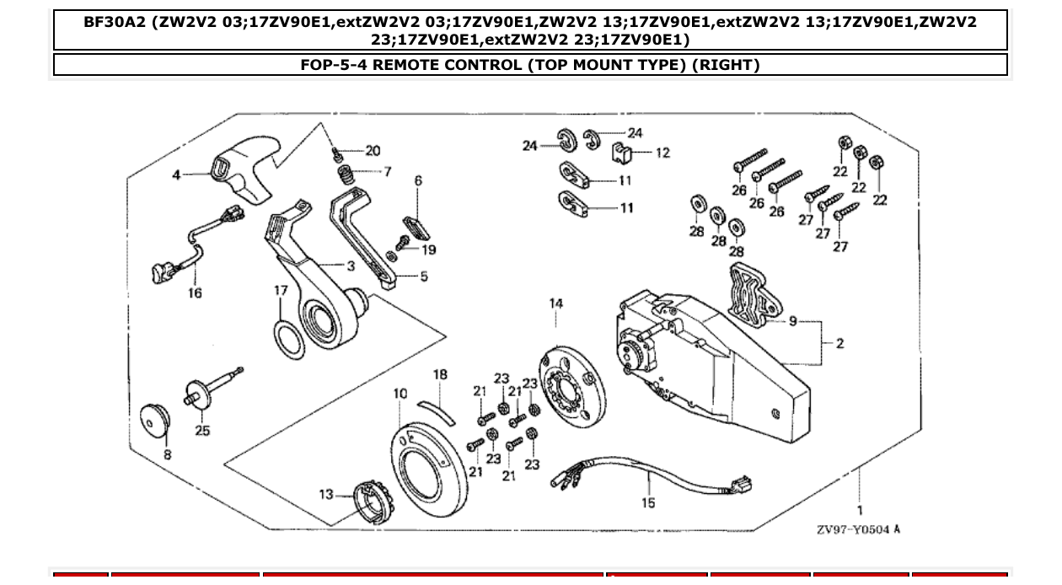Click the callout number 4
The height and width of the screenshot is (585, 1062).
[x=176, y=175]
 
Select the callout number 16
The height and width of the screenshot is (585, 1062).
[x=195, y=293]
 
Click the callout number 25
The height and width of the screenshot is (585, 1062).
[x=202, y=430]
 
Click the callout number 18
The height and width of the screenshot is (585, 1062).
[x=440, y=374]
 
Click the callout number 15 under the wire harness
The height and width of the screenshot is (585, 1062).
[x=647, y=503]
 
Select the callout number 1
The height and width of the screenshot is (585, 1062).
[x=860, y=509]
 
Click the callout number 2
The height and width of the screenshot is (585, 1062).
[x=839, y=343]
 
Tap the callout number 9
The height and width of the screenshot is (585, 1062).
[x=792, y=321]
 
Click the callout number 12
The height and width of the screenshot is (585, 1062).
[x=662, y=153]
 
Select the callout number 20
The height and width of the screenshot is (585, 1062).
[x=372, y=151]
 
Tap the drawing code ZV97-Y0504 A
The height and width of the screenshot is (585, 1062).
[x=858, y=529]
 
